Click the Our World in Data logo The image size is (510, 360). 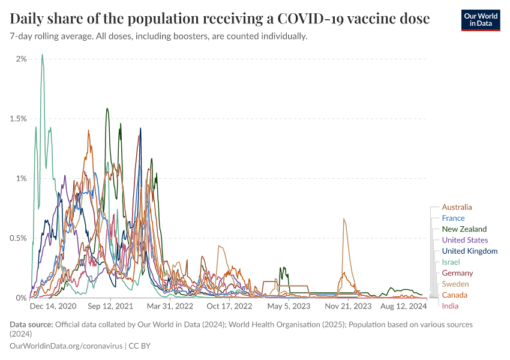click(x=480, y=20)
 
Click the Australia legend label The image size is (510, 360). click(x=457, y=208)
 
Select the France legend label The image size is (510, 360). click(x=453, y=218)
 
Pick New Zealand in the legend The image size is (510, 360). click(x=464, y=229)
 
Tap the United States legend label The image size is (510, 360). click(x=464, y=240)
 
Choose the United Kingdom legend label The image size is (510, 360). click(x=469, y=251)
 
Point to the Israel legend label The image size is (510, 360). click(x=450, y=262)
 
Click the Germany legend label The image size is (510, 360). click(x=457, y=273)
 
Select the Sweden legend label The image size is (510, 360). click(x=455, y=284)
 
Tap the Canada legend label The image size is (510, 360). click(x=454, y=295)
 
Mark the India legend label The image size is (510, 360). click(x=450, y=306)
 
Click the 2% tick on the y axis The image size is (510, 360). click(x=21, y=59)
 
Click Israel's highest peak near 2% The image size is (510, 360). click(x=42, y=55)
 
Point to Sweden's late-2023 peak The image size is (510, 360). click(x=344, y=219)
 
